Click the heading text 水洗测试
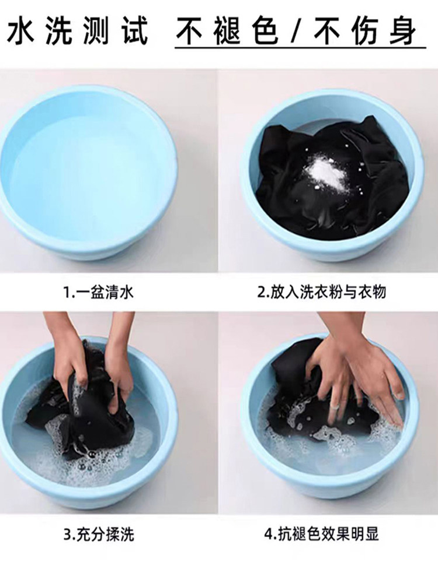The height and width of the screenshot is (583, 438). [x=77, y=31]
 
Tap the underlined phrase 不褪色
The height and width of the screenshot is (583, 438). [x=228, y=31]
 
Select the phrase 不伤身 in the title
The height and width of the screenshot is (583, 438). [x=364, y=31]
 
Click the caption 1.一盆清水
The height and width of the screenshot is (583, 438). [x=98, y=293]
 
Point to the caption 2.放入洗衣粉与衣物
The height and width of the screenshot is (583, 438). [x=322, y=293]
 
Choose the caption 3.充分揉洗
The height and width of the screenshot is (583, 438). [x=99, y=535]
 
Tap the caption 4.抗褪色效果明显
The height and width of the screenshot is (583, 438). [x=322, y=534]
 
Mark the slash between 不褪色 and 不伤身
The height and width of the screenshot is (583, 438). [x=296, y=31]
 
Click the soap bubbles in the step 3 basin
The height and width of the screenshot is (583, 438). [x=75, y=457]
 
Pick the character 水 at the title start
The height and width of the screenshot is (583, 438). [x=20, y=31]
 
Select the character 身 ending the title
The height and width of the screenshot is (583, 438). [x=402, y=31]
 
